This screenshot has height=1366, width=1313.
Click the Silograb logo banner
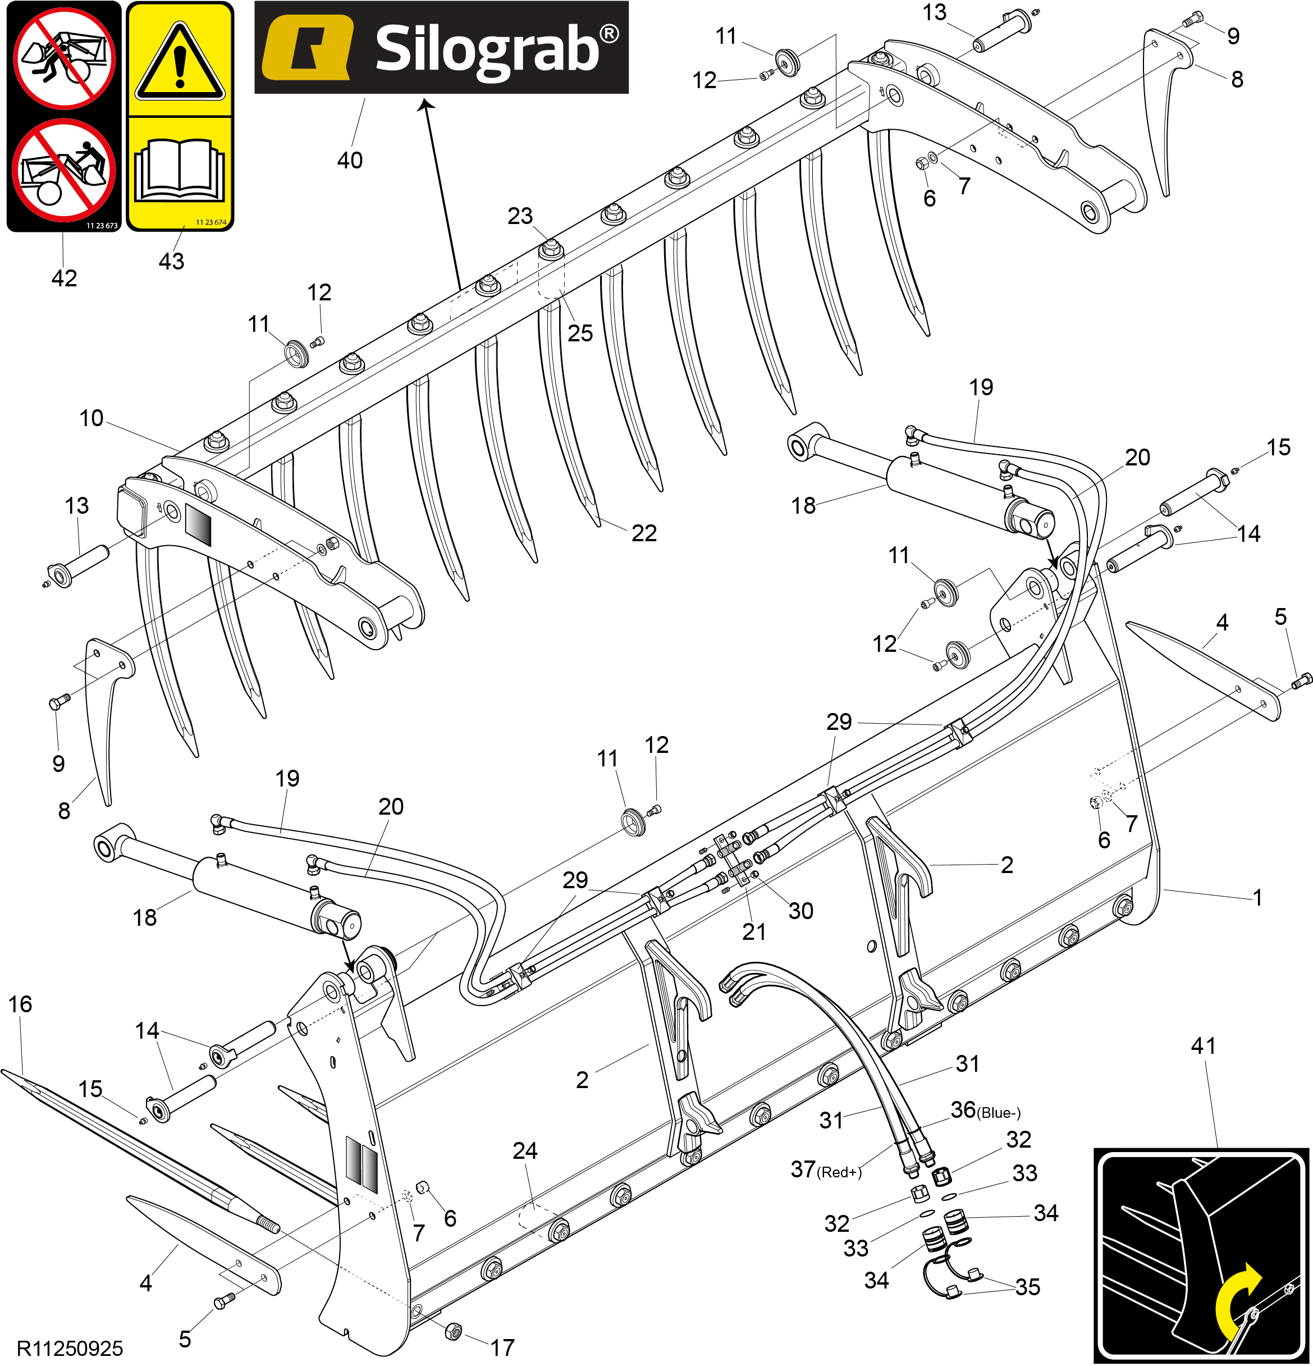441,47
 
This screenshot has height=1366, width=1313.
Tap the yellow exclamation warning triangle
180,63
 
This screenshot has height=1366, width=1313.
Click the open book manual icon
180,171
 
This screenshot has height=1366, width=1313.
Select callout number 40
350,161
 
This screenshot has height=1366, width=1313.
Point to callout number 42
64,278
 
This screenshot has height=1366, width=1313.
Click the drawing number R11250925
70,1349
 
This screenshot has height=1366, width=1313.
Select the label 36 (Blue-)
985,1109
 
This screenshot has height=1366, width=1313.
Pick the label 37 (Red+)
826,1169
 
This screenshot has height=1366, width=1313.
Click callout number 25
580,333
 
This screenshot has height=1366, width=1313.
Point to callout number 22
644,533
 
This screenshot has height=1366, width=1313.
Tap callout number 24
525,1150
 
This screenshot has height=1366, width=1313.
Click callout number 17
502,1347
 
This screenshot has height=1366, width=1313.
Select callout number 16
20,1004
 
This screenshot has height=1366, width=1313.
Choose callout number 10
92,418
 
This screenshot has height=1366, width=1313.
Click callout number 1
1258,898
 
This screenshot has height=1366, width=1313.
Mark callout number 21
754,932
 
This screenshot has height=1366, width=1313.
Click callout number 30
800,911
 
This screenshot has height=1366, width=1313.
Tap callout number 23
520,216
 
